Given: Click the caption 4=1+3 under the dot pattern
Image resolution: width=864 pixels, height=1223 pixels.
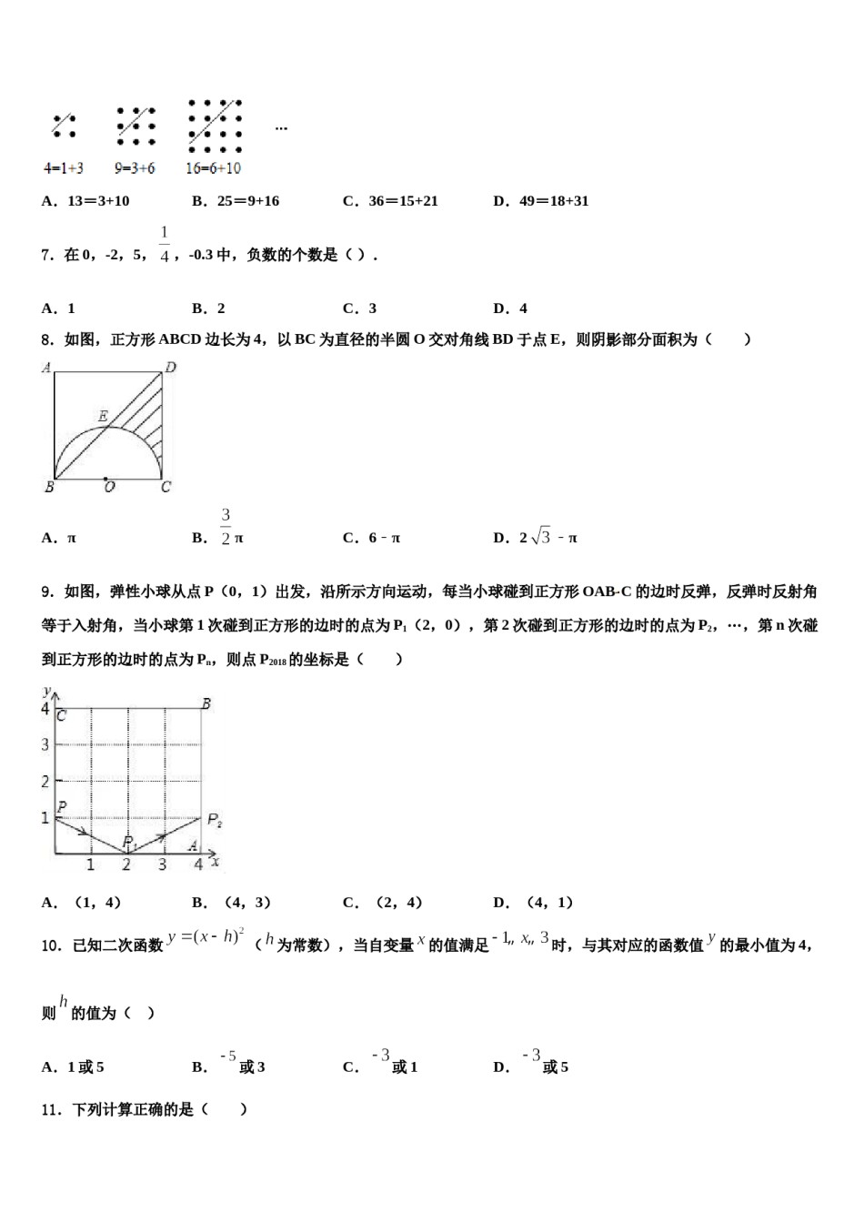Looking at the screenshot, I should [x=63, y=168].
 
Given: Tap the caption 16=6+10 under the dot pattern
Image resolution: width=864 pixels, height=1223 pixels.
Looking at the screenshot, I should [x=213, y=168].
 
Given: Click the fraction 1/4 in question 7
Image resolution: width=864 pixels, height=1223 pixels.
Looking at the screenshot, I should [x=165, y=245].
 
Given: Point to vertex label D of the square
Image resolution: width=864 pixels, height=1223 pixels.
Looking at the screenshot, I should [x=170, y=368].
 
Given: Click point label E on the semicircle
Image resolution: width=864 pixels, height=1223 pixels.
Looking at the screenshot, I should [x=103, y=416].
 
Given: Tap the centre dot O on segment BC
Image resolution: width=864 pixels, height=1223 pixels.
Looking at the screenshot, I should [x=106, y=478].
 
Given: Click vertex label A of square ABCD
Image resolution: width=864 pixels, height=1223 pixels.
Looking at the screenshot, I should [x=46, y=368].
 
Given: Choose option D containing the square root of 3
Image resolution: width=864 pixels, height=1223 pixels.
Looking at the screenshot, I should [x=536, y=538].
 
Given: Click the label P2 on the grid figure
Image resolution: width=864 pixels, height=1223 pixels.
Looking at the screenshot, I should [x=215, y=820].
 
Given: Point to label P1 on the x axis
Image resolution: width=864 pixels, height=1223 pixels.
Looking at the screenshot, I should [x=130, y=842].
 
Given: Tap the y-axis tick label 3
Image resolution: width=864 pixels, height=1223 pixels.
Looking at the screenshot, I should [x=45, y=744].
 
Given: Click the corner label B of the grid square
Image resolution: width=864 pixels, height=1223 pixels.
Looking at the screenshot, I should [x=206, y=703].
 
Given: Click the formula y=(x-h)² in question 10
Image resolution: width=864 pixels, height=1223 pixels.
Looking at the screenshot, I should [x=206, y=937].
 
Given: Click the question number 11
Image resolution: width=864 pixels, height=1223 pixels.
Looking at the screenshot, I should [x=51, y=1109].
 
